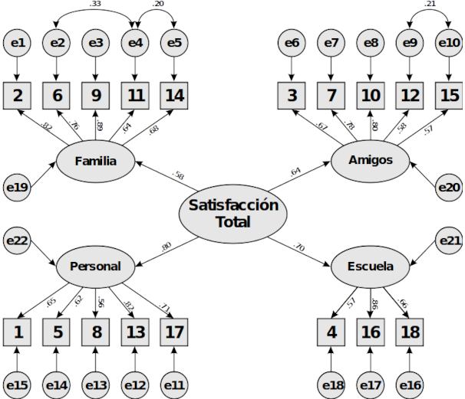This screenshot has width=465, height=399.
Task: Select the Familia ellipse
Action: point(96,162)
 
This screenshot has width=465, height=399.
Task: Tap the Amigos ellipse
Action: point(369,160)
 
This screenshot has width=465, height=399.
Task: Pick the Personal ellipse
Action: point(95,266)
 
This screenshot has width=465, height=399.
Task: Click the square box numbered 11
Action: point(134,96)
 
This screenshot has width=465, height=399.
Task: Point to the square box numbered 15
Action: point(448,96)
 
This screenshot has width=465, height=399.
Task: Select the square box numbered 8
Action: point(95,332)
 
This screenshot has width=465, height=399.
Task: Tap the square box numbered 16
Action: point(370,332)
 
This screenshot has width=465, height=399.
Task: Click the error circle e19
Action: point(18,187)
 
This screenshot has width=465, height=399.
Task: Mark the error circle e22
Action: point(18,240)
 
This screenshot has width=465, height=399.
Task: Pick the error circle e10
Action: point(448,45)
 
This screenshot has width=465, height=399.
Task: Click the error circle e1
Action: point(18,45)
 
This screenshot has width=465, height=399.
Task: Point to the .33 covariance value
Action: point(96,5)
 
